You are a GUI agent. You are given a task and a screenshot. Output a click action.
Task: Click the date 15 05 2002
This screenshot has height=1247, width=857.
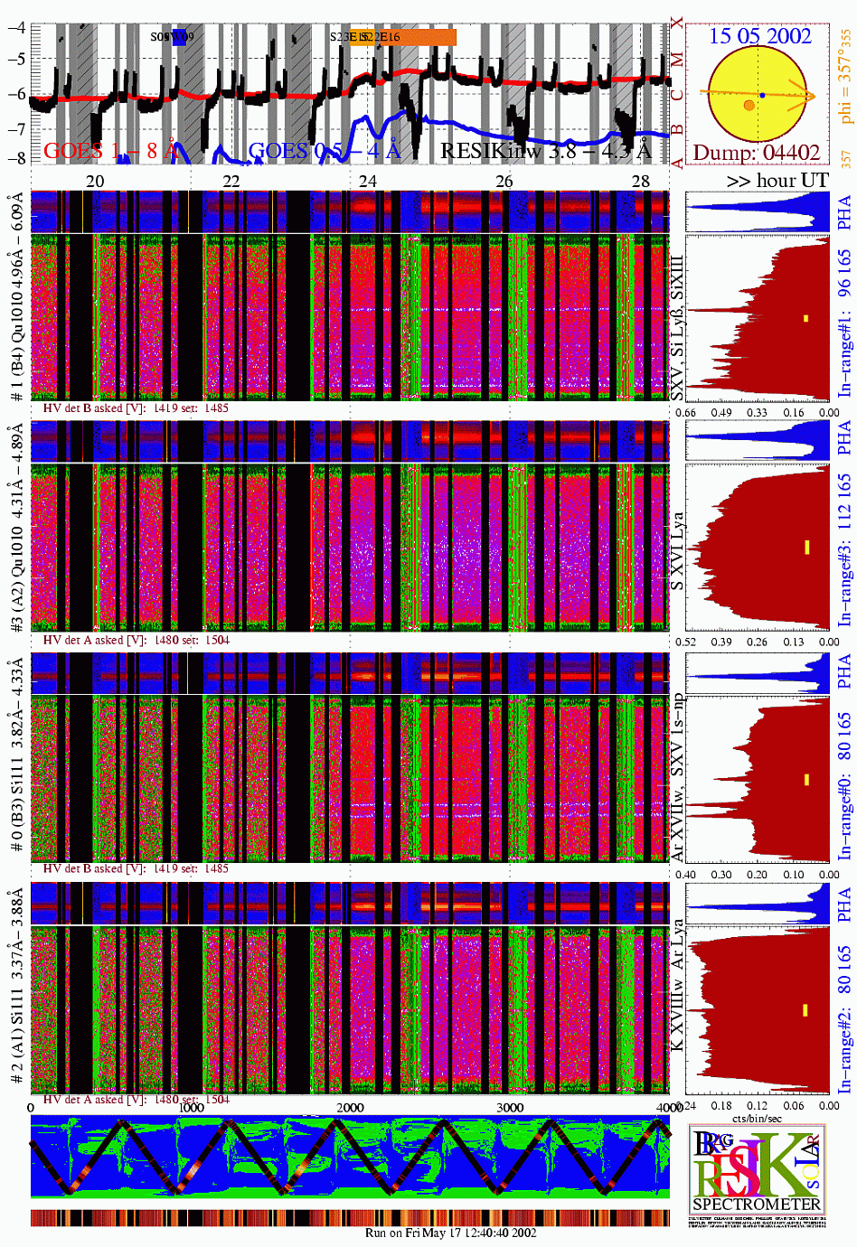[x=759, y=36]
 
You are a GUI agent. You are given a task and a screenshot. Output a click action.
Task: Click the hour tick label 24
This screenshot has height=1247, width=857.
[x=367, y=181]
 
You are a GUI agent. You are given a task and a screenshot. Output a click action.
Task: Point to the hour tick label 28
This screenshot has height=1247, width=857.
[x=640, y=181]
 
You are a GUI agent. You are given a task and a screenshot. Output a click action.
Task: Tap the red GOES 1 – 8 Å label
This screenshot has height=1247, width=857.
[x=109, y=151]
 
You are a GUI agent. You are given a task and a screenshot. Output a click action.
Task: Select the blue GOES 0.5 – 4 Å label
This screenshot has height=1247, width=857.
[x=324, y=151]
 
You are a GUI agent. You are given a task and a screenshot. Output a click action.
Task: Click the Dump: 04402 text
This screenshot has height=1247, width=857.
[x=757, y=153]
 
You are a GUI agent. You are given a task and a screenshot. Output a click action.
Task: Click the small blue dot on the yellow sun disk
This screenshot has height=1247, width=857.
[x=762, y=95]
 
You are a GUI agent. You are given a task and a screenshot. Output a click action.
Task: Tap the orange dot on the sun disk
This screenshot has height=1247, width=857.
[x=749, y=106]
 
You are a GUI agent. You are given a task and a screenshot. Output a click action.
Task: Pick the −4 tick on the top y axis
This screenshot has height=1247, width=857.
[x=16, y=27]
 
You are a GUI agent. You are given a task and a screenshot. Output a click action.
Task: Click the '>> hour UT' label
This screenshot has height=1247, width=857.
[x=777, y=181]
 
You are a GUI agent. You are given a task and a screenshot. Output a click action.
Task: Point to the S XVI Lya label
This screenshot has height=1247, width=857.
[x=677, y=552]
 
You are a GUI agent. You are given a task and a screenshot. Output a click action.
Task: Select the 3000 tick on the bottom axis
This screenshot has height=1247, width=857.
[x=510, y=1108]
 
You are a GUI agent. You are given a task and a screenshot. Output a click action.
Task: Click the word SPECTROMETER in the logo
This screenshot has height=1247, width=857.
[x=757, y=1204]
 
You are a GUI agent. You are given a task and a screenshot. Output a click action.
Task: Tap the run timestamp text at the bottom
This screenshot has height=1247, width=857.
[x=450, y=1233]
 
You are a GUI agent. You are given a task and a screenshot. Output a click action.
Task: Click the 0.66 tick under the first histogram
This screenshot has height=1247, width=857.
[x=686, y=413]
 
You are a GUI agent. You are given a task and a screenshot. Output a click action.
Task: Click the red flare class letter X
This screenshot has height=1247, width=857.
[x=677, y=24]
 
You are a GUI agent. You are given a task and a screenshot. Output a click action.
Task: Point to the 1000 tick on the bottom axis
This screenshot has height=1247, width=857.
[x=191, y=1108]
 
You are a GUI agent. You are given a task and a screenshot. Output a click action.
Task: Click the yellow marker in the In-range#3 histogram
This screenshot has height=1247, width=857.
[x=806, y=548]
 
